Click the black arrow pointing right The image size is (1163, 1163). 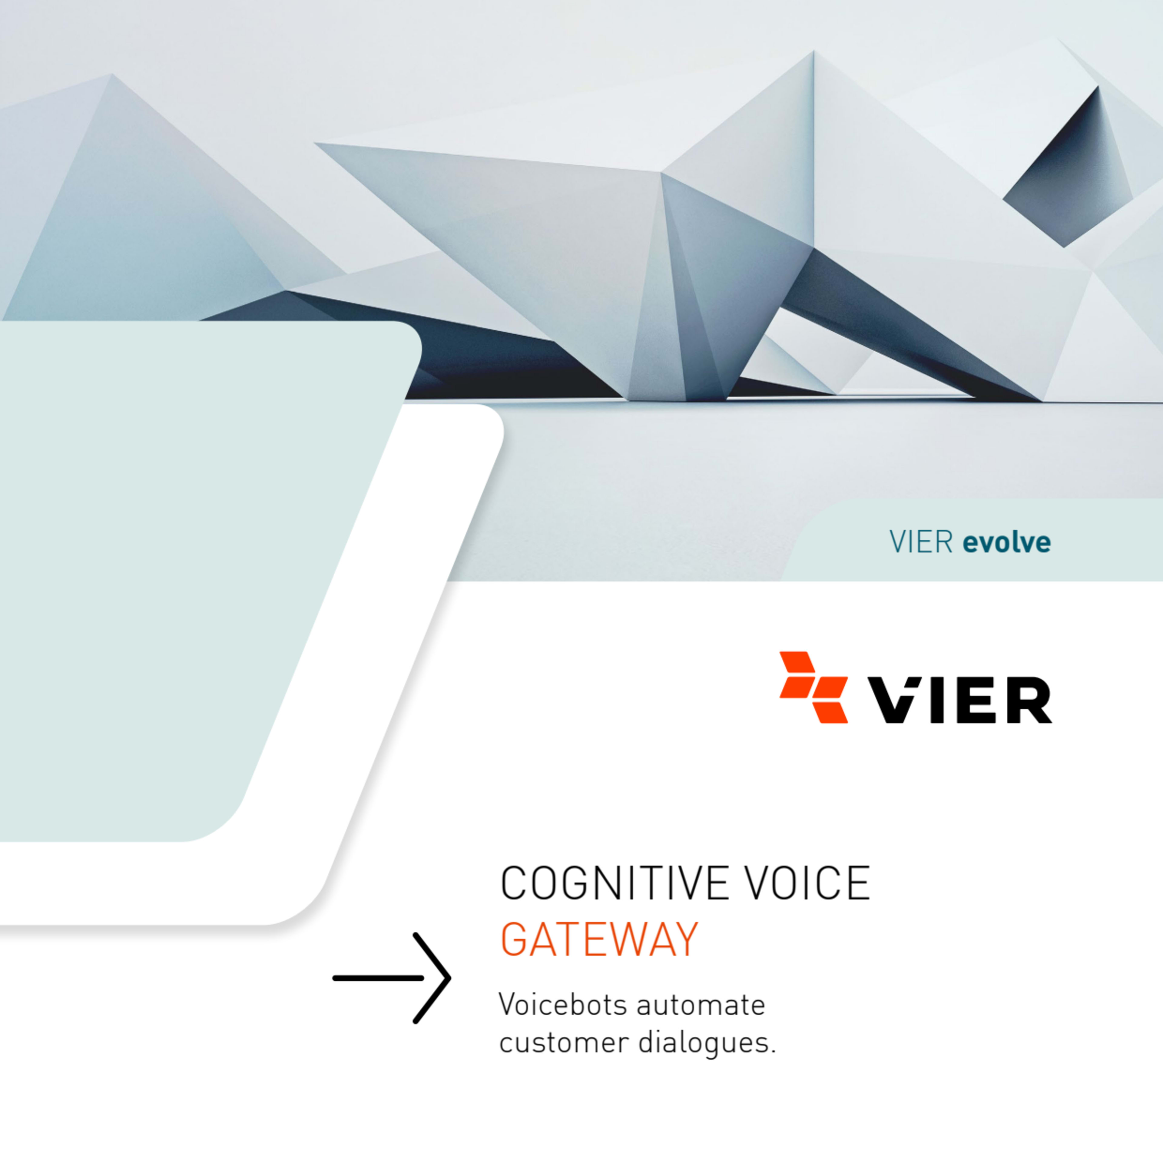pos(391,978)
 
